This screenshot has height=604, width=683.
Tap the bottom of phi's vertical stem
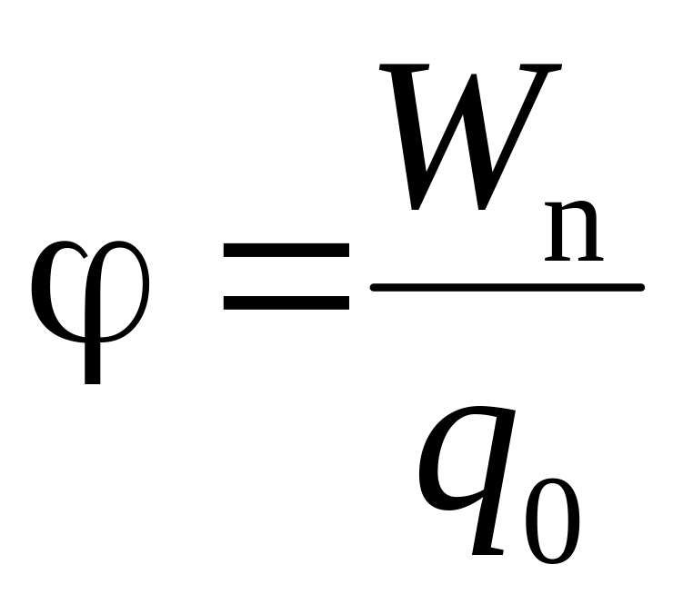tap(93, 383)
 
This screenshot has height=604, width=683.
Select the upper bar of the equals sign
tap(286, 250)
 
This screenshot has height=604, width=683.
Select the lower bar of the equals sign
tap(286, 302)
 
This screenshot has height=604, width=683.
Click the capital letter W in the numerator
tap(470, 137)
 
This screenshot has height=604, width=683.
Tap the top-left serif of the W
tap(404, 68)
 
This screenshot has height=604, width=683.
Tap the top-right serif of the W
tap(540, 68)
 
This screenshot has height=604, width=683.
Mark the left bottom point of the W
tap(415, 208)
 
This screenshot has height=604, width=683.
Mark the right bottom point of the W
tap(481, 208)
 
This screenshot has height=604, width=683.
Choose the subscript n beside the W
tap(574, 232)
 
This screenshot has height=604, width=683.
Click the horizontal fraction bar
tap(507, 287)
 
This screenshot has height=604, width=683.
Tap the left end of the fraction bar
tap(372, 287)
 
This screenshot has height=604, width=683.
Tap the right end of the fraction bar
tap(642, 287)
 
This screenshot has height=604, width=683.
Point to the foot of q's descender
tap(487, 552)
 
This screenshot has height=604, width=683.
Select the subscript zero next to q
tap(553, 520)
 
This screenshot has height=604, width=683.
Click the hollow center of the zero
tap(553, 520)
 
